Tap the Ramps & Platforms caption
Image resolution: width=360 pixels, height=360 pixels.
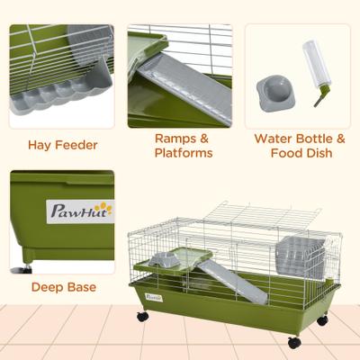coord(183,146)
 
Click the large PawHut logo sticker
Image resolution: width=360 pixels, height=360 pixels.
coord(80,211)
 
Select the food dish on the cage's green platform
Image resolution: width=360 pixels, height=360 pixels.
coord(165,259)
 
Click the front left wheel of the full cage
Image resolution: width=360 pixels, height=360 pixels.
coord(141,317)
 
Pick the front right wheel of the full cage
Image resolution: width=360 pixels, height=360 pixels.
coord(294,341)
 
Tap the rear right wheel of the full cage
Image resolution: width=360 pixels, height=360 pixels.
coord(322,319)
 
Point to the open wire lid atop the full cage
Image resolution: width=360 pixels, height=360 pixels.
coord(261,217)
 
